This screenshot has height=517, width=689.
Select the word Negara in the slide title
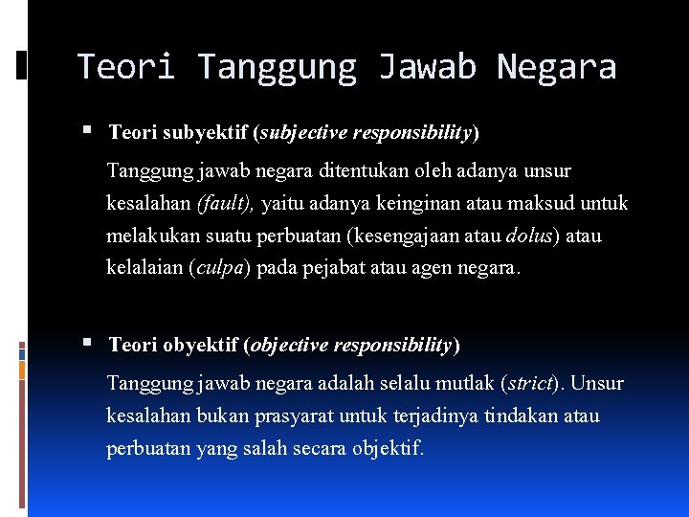point(556,66)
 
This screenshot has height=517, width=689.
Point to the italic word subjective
point(301,131)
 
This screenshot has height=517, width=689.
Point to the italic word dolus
point(527,236)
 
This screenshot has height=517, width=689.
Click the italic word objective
point(290,344)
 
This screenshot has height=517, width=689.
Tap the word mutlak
point(463,384)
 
